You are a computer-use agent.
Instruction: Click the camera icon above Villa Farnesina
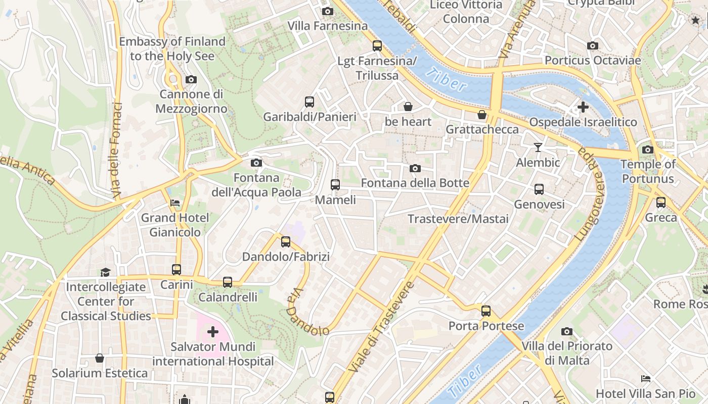point(327,11)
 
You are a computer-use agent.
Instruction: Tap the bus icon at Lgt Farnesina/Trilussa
point(377,46)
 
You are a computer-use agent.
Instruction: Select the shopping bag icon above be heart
point(408,107)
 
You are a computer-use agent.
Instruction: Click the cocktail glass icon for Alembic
point(538,147)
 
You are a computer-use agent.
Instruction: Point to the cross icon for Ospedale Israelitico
point(583,107)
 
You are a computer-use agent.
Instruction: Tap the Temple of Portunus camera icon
point(647,149)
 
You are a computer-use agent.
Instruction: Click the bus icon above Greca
point(660,203)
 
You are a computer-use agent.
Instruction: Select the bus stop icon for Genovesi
point(539,189)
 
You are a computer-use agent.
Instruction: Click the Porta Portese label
point(486,326)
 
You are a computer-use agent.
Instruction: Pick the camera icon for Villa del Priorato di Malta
point(567,331)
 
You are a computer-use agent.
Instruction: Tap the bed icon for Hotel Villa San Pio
point(645,378)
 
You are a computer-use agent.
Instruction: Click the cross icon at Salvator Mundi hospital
point(213,332)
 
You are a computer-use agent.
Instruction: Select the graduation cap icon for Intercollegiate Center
point(105,272)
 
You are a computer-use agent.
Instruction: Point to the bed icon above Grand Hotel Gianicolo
point(175,203)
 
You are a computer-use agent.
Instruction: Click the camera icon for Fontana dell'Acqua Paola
point(256,163)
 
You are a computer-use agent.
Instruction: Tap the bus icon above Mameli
point(335,185)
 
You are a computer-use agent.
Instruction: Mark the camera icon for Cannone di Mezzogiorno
point(191,79)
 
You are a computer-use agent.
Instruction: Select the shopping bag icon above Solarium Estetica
point(100,358)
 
